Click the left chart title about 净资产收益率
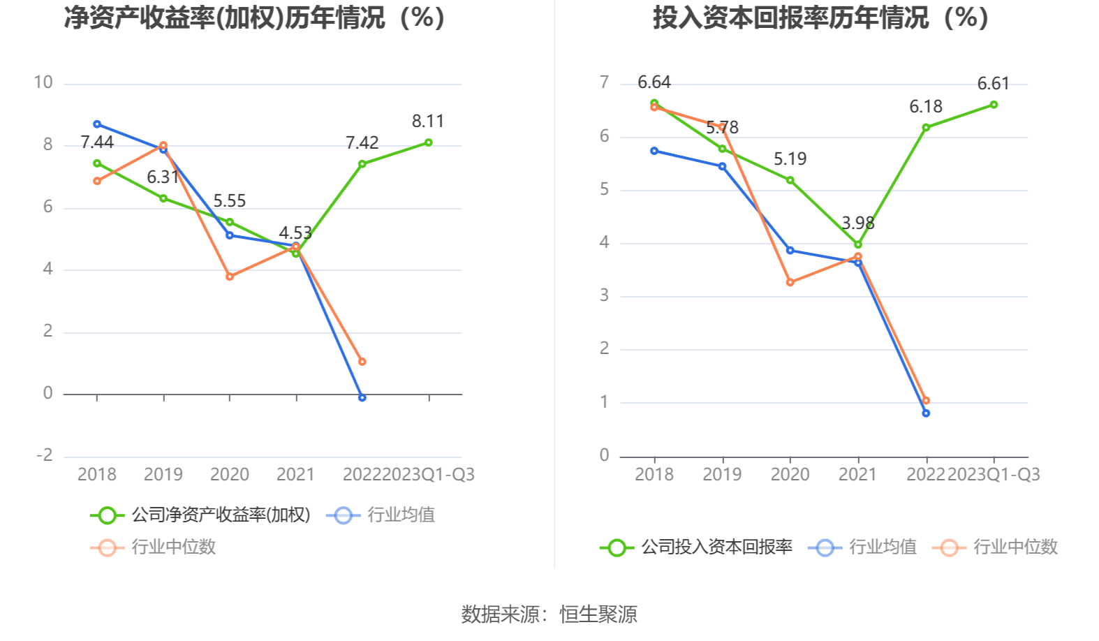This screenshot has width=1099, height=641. (x=254, y=17)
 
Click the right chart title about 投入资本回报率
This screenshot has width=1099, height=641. (x=820, y=17)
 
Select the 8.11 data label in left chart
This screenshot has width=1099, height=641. (x=428, y=121)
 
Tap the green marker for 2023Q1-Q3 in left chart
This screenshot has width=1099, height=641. (x=429, y=142)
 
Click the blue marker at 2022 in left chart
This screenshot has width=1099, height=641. (x=362, y=397)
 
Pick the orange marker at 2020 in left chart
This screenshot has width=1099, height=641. (x=230, y=277)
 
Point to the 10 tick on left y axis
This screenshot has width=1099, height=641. (x=43, y=82)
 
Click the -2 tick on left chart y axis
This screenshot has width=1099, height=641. (x=45, y=455)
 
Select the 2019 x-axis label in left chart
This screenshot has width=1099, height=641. (x=163, y=475)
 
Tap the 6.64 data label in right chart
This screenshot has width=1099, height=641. (x=654, y=82)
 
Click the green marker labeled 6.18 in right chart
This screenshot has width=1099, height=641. (x=926, y=128)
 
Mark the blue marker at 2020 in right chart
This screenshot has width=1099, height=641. (x=790, y=250)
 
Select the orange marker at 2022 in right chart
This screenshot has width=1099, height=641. (x=926, y=401)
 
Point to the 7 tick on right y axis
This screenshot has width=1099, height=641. (x=605, y=82)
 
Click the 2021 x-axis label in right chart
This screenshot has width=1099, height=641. (x=857, y=475)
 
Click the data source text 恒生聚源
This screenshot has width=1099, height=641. (x=598, y=614)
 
